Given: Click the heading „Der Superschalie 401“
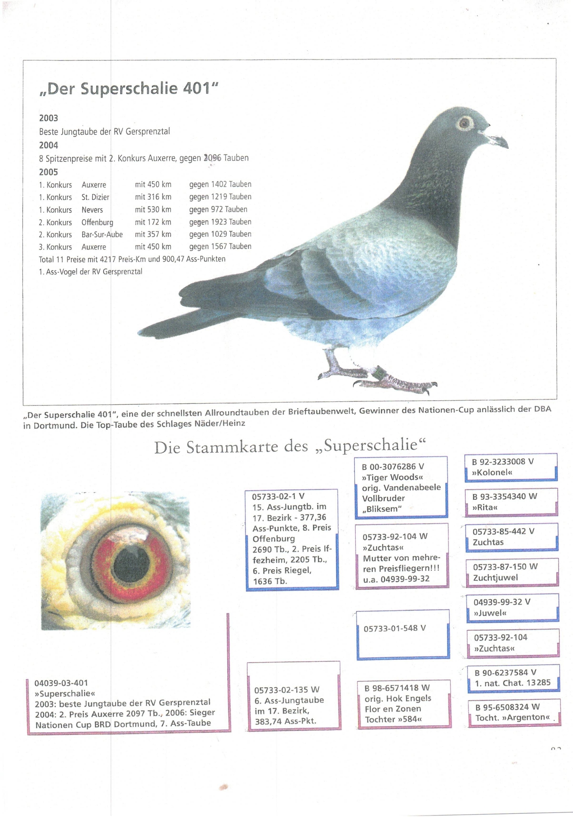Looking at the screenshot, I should coord(128,88).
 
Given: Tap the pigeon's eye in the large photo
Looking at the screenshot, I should coord(464,124).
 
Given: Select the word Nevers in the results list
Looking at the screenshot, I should coord(92,210).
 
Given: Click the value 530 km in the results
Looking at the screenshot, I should coord(153,210).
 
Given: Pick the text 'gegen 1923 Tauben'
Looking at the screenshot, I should coord(220,222).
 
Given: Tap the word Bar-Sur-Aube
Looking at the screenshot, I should coord(102,234).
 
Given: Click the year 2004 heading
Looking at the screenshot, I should coord(49,145).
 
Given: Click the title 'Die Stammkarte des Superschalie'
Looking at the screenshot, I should coord(290,446).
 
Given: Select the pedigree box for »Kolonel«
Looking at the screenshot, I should coord(510,467).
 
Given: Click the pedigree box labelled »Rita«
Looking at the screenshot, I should coord(511,502).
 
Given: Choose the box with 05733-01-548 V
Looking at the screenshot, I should coord(403,634).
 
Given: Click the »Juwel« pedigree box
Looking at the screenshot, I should coord(512,607).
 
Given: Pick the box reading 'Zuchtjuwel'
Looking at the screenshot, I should coord(512,572).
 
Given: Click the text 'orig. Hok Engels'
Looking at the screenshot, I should coord(398,698).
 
